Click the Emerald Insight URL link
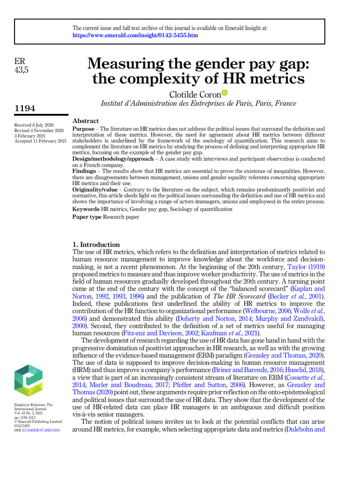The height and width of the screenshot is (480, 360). coord(135,36)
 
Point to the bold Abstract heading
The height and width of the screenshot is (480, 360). coord(86,121)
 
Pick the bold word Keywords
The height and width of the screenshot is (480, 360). coord(86,209)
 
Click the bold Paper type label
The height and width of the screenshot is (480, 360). coord(87,217)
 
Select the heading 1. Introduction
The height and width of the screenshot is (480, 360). coord(96,244)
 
